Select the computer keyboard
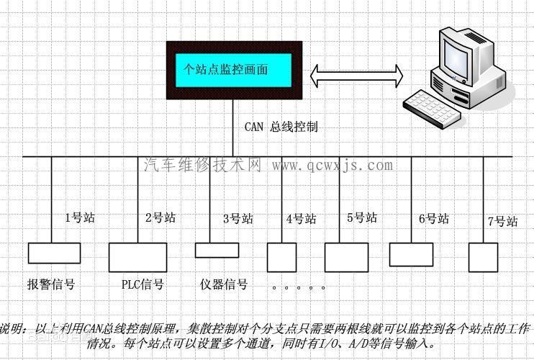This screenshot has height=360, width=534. (433, 105)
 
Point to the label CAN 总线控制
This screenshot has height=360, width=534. (281, 127)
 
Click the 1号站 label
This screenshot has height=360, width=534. (80, 217)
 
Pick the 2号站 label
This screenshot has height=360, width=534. (160, 217)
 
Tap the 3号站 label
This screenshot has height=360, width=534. (238, 218)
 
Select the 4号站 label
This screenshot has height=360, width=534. (301, 218)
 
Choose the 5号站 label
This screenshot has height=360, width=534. (361, 217)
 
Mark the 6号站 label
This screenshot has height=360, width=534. (434, 218)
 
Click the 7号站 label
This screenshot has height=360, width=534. (502, 221)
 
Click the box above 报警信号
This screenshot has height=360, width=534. (54, 253)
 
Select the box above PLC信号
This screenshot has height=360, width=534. (137, 256)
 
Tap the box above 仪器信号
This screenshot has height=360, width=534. (217, 250)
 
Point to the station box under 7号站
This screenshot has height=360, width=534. (483, 256)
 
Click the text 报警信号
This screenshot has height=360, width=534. (51, 284)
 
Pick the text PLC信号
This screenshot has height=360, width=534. (142, 284)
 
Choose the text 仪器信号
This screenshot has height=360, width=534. (224, 284)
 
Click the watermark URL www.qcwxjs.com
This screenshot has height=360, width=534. (332, 166)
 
